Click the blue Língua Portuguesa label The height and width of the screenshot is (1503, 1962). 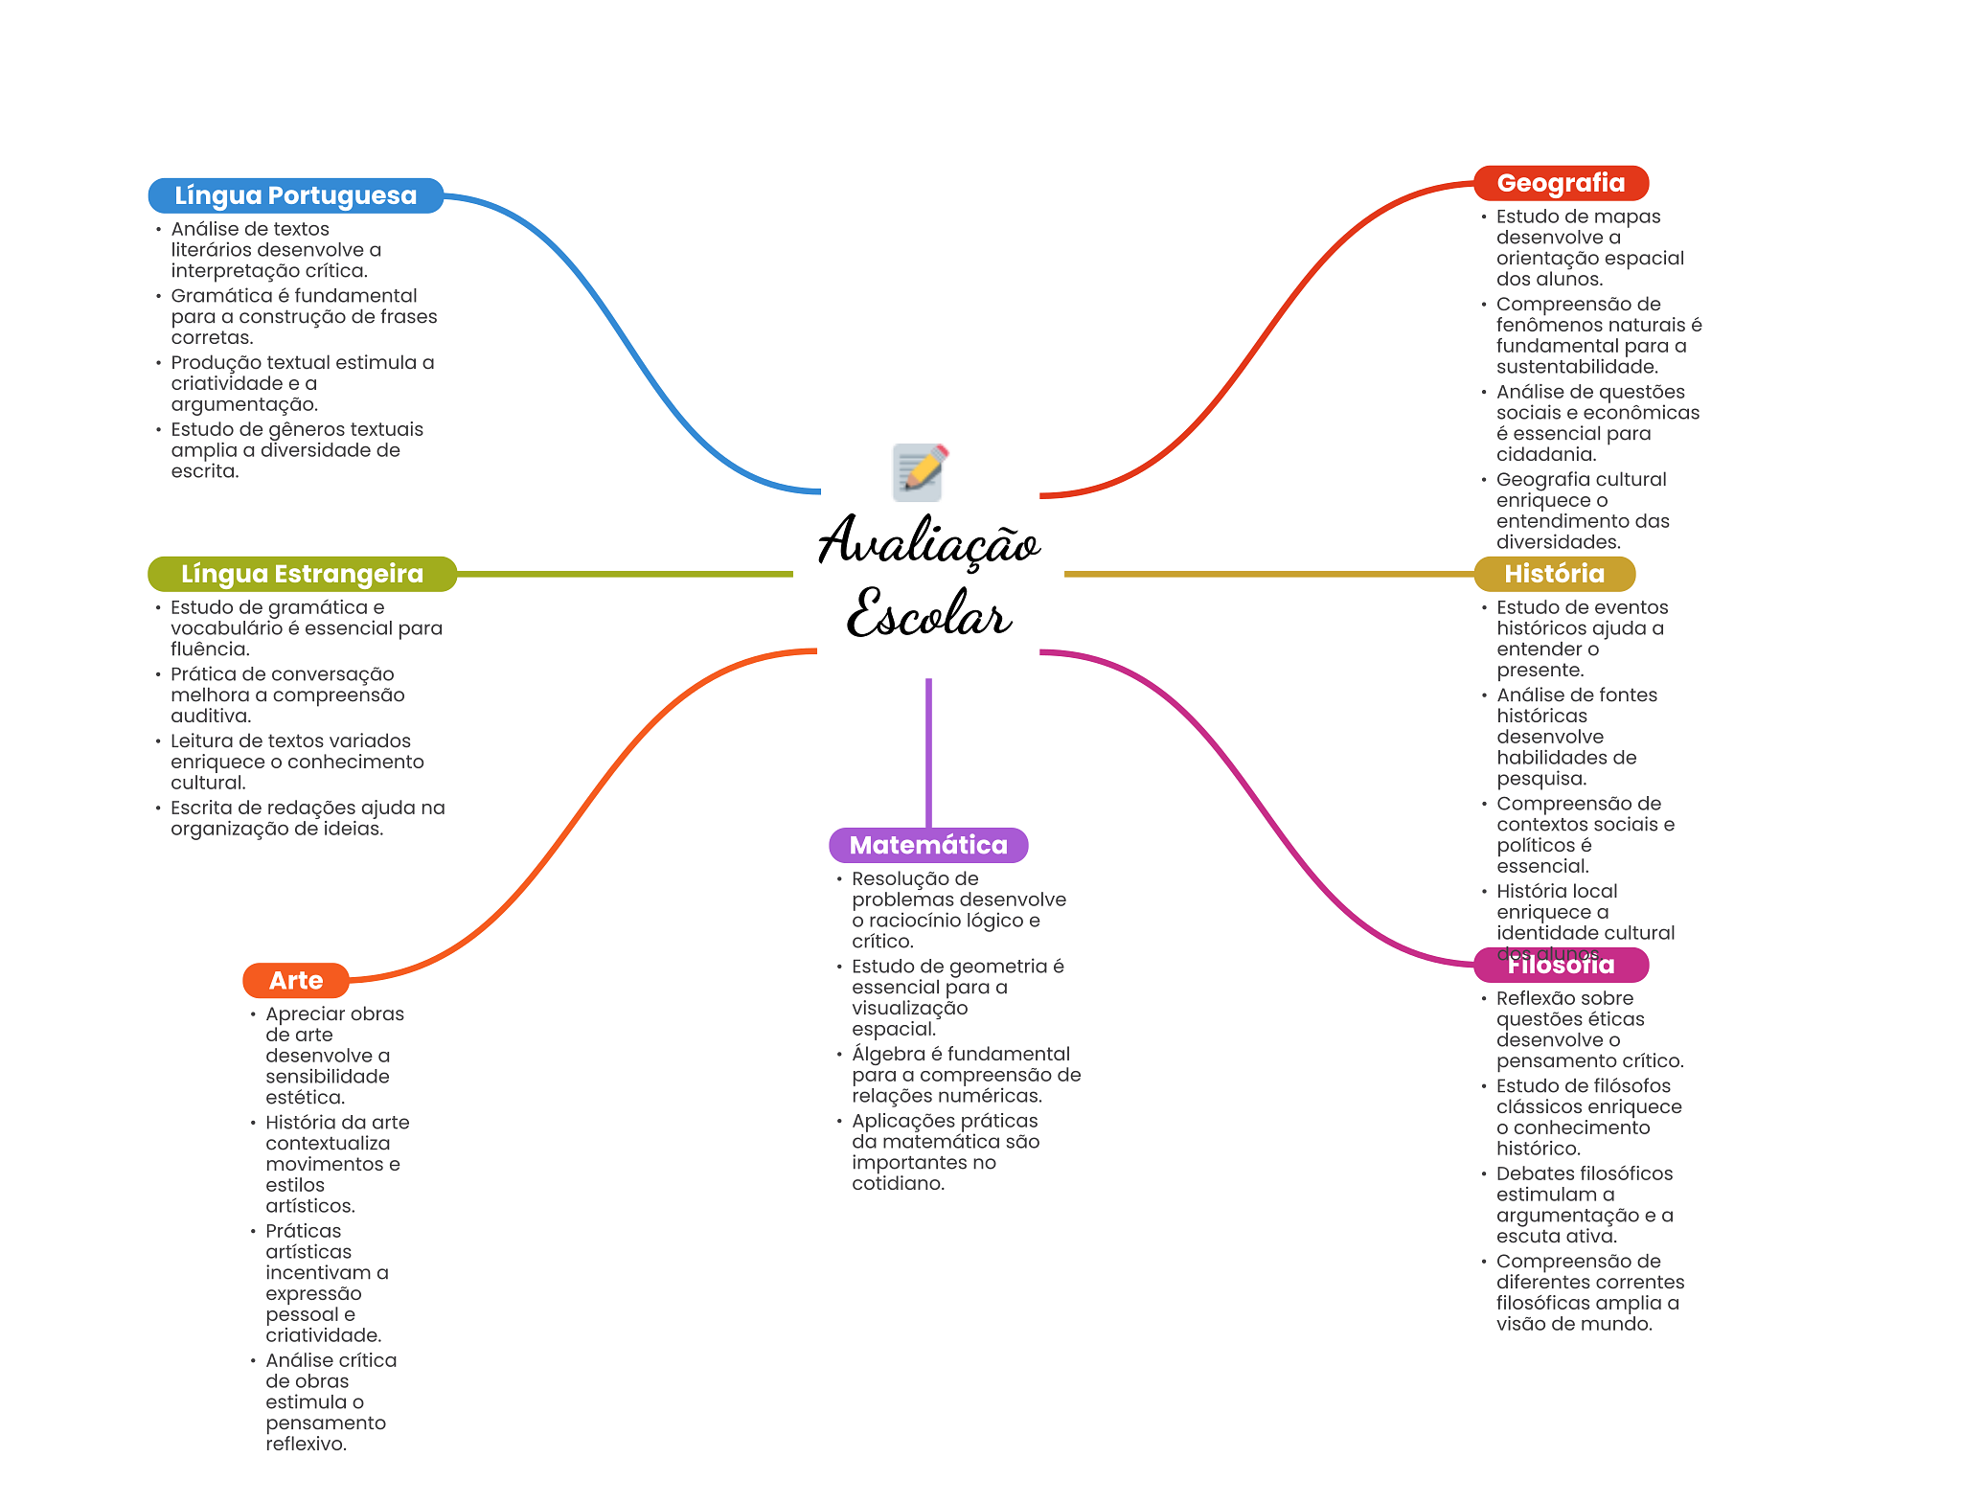pyautogui.click(x=295, y=195)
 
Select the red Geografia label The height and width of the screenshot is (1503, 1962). pyautogui.click(x=1561, y=183)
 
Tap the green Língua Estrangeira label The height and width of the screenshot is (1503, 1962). pyautogui.click(x=302, y=574)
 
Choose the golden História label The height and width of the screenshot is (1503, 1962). pyautogui.click(x=1554, y=574)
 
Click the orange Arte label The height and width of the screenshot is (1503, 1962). pyautogui.click(x=296, y=980)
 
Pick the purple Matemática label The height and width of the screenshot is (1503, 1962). pyautogui.click(x=928, y=845)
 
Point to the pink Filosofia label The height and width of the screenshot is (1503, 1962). pyautogui.click(x=1561, y=966)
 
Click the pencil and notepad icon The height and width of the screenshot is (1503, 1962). pyautogui.click(x=919, y=471)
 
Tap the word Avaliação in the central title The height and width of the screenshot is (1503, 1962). pyautogui.click(x=928, y=541)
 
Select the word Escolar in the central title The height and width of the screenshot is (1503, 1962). pyautogui.click(x=928, y=614)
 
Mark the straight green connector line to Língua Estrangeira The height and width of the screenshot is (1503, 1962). pyautogui.click(x=623, y=574)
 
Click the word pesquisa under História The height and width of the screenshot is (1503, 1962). pyautogui.click(x=1540, y=779)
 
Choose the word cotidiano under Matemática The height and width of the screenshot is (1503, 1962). pyautogui.click(x=897, y=1183)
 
